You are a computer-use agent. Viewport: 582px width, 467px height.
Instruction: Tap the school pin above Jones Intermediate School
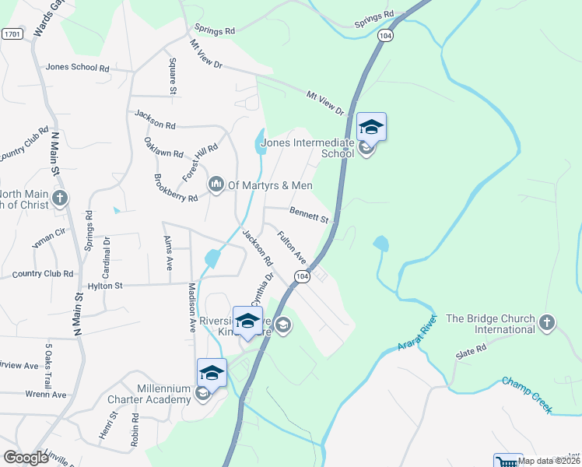(371, 127)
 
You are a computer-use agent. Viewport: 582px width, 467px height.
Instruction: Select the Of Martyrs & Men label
(269, 185)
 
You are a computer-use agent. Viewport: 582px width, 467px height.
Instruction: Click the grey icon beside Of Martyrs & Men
(216, 184)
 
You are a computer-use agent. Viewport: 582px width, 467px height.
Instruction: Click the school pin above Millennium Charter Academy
(212, 372)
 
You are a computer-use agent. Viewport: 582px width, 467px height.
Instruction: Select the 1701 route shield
(12, 34)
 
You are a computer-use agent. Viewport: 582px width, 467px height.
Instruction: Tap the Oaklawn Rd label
(163, 149)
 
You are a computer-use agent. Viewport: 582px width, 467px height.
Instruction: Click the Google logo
(26, 458)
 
